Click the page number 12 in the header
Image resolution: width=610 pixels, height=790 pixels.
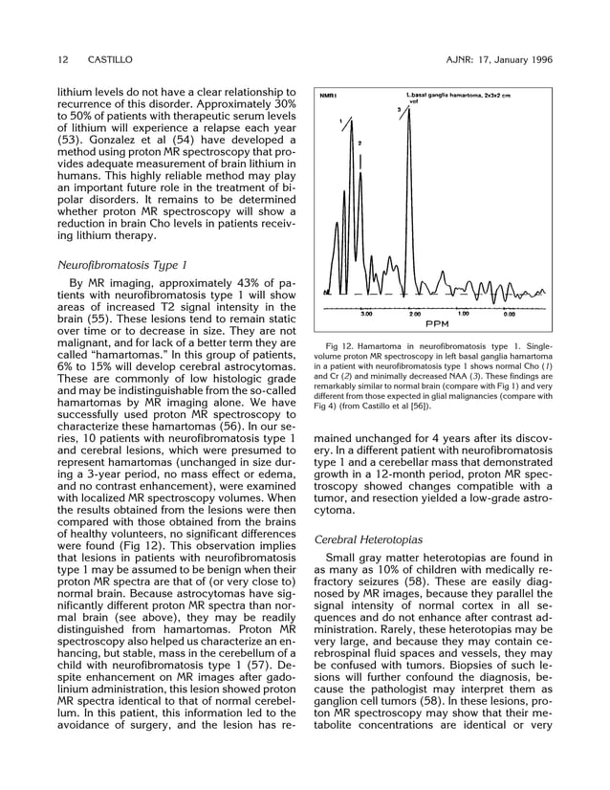(x=63, y=59)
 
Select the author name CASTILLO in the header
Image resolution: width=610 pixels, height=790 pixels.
(x=111, y=59)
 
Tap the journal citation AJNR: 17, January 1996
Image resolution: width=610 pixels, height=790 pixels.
(x=499, y=59)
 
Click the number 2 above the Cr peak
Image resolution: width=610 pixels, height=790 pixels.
(x=359, y=143)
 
